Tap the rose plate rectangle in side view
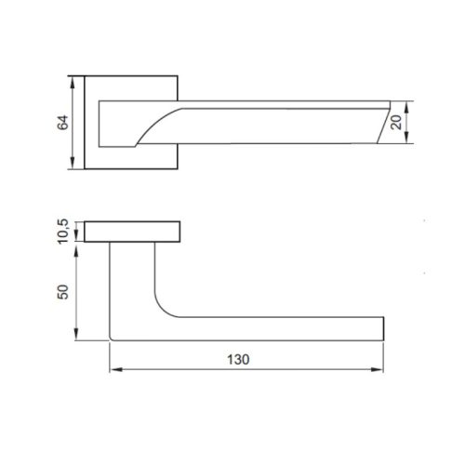(x=131, y=232)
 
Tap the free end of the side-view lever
(x=380, y=329)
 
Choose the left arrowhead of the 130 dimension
(x=114, y=369)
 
